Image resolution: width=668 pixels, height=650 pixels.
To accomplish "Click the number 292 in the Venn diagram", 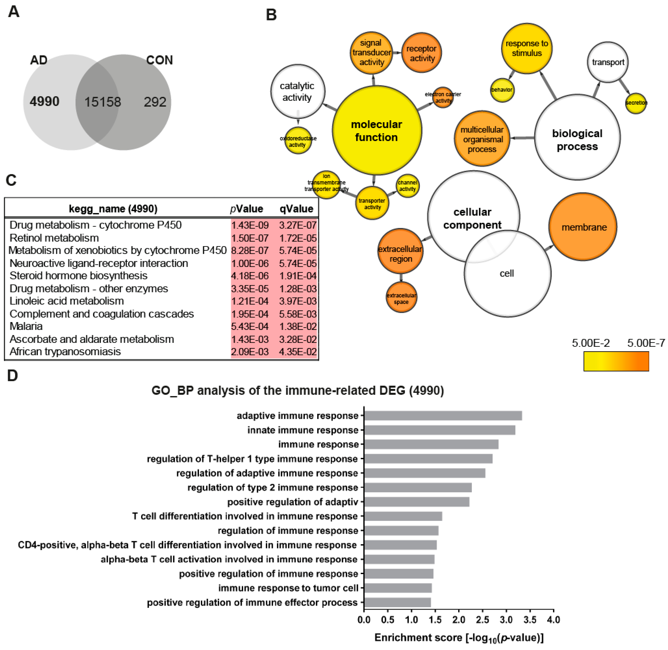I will click(155, 102).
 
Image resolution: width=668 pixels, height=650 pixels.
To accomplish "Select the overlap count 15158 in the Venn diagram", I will click(103, 102).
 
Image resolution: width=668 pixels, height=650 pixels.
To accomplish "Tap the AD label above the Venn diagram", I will click(39, 60).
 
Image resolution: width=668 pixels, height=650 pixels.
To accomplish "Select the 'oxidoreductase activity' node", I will click(298, 141).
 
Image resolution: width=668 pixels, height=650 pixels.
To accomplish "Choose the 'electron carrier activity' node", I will click(443, 97).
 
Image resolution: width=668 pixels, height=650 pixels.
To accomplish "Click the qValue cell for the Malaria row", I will click(297, 326).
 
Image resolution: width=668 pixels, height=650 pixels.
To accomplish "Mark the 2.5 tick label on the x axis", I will click(482, 620).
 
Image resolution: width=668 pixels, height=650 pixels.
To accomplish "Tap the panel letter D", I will click(12, 375).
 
